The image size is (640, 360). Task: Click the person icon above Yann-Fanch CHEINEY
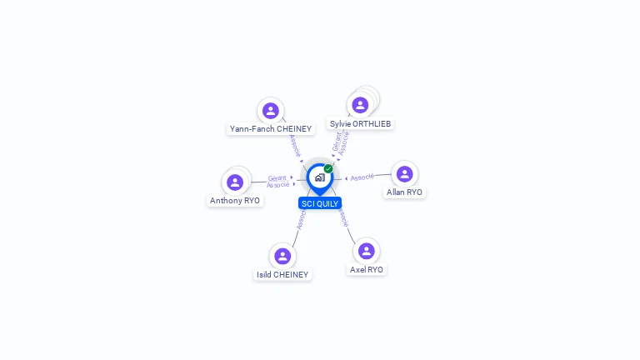[x=270, y=111]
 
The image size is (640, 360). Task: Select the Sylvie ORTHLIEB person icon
[x=360, y=105]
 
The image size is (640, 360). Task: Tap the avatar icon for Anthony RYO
[x=235, y=182]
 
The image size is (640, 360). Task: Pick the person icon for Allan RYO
[x=404, y=174]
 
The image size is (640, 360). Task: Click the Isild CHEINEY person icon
[x=282, y=256]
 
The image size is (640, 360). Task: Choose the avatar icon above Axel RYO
[x=367, y=251]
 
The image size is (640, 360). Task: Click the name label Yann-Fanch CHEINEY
[x=271, y=129]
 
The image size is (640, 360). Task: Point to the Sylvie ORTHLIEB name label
[x=360, y=123]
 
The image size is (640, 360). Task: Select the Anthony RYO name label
[x=235, y=201]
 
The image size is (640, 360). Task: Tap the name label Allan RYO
[x=404, y=192]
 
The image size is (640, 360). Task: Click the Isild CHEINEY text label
[x=282, y=275]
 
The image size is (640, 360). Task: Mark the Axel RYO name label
[x=367, y=270]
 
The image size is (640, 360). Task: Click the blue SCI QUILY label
[x=320, y=203]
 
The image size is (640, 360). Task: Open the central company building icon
[x=319, y=177]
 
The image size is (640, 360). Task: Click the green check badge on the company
[x=328, y=168]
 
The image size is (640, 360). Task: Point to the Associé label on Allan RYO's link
[x=362, y=177]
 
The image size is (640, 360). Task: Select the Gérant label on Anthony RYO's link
[x=277, y=177]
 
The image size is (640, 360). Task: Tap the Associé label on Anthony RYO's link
[x=277, y=185]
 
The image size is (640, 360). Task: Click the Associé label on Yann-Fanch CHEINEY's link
[x=294, y=145]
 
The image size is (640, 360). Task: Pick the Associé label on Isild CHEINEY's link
[x=301, y=219]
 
